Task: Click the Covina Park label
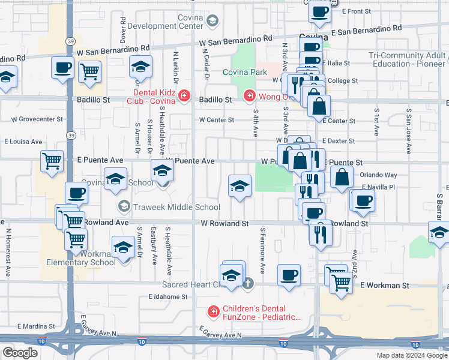pyautogui.click(x=245, y=73)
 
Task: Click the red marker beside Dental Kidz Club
pyautogui.click(x=183, y=95)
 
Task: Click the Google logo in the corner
pyautogui.click(x=20, y=353)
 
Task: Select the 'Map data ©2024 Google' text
pyautogui.click(x=412, y=355)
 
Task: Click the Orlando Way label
pyautogui.click(x=378, y=175)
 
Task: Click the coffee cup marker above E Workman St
pyautogui.click(x=289, y=275)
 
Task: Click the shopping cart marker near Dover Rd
pyautogui.click(x=89, y=71)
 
